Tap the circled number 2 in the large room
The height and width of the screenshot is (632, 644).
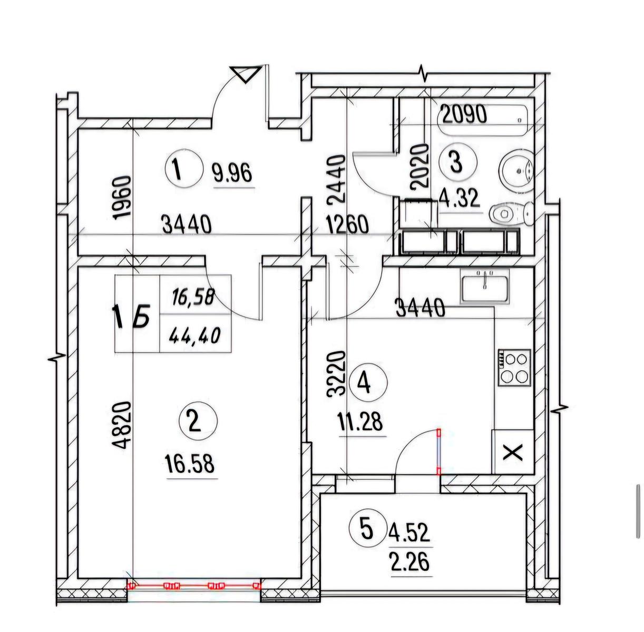(x=198, y=421)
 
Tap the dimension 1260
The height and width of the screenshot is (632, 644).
(x=348, y=224)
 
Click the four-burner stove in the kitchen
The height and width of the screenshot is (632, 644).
(x=515, y=368)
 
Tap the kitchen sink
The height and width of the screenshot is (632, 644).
(x=485, y=287)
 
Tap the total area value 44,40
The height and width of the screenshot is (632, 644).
(x=194, y=335)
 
